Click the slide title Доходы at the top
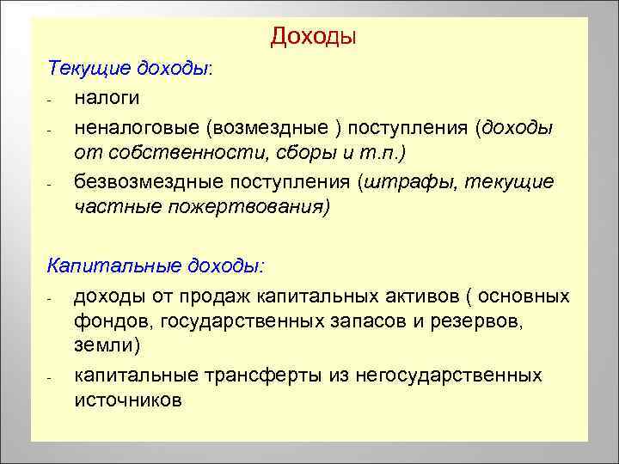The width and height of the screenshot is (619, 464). tap(313, 37)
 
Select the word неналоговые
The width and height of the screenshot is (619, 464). tap(135, 128)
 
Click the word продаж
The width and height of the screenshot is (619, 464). tap(226, 296)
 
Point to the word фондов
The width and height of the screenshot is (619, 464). tap(107, 321)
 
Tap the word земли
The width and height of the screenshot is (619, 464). tap(106, 346)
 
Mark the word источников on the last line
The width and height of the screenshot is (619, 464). tap(128, 401)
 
